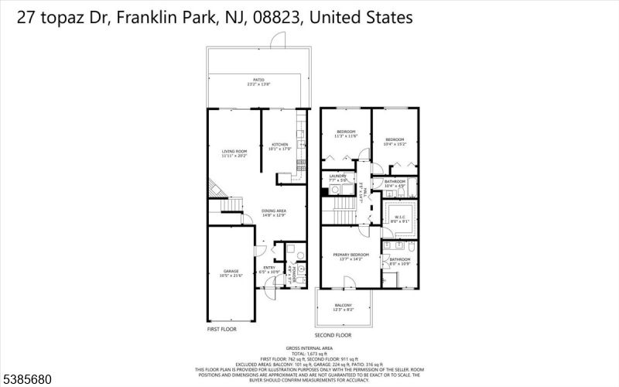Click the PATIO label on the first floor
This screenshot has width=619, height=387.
pyautogui.click(x=258, y=80)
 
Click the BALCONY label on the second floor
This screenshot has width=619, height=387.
pyautogui.click(x=344, y=307)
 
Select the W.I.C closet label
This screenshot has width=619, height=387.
pyautogui.click(x=400, y=218)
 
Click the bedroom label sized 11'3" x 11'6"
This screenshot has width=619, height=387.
pyautogui.click(x=345, y=134)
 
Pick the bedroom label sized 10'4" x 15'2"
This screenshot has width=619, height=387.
pyautogui.click(x=395, y=142)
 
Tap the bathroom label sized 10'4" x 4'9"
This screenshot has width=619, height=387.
pyautogui.click(x=395, y=183)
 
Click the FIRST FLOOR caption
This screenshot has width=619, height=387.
pyautogui.click(x=222, y=329)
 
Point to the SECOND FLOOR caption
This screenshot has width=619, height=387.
pyautogui.click(x=333, y=335)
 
